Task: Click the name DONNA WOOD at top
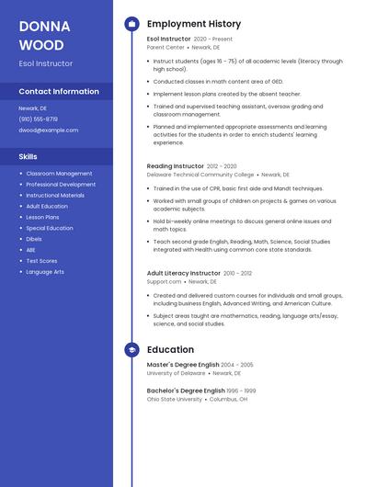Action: (41, 35)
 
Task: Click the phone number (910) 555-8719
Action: (38, 119)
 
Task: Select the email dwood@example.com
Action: (48, 130)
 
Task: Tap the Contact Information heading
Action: (59, 92)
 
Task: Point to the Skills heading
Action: (28, 156)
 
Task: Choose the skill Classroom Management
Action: (59, 174)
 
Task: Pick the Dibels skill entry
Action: (34, 239)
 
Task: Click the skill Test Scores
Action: (41, 261)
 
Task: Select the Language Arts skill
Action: (45, 272)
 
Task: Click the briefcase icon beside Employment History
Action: (131, 24)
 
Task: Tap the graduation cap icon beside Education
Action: (131, 350)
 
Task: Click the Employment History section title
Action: (194, 24)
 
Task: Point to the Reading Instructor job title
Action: (176, 166)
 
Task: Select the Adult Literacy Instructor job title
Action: (184, 273)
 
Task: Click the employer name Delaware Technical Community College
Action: (200, 175)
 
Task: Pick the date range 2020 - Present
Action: (213, 40)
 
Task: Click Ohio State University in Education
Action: (175, 400)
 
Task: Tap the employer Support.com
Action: (165, 282)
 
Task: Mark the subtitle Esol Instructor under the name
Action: (45, 63)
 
